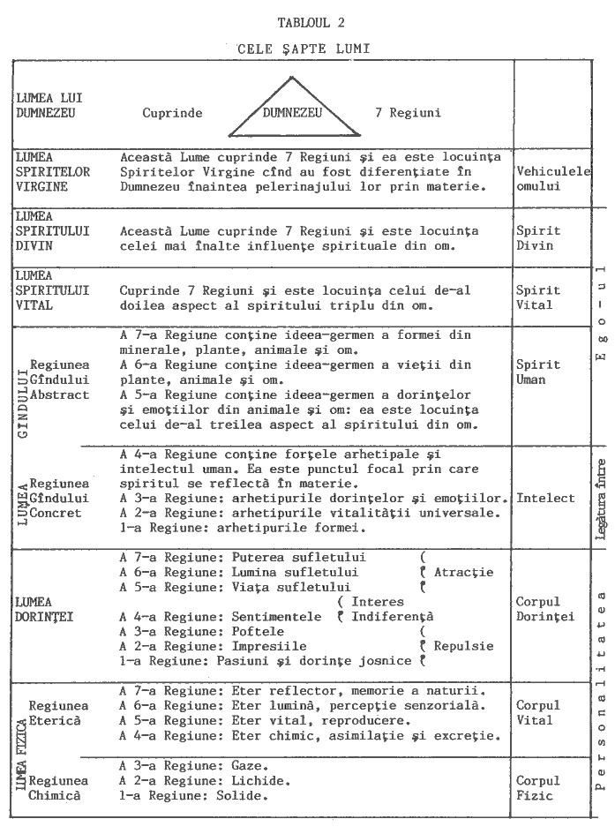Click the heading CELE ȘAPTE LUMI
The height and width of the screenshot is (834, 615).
(303, 50)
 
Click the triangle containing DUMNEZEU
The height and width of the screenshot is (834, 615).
(292, 109)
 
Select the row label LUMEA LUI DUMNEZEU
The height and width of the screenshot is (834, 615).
(49, 106)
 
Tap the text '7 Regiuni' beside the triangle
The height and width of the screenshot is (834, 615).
(408, 113)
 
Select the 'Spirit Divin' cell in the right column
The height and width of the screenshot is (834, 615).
(538, 238)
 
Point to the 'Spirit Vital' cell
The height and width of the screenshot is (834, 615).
(538, 297)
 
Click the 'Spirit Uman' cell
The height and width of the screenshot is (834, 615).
(538, 372)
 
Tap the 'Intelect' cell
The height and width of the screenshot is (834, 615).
(545, 499)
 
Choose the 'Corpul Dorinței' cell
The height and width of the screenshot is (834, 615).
(545, 609)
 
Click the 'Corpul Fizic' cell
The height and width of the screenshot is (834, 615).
(538, 788)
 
